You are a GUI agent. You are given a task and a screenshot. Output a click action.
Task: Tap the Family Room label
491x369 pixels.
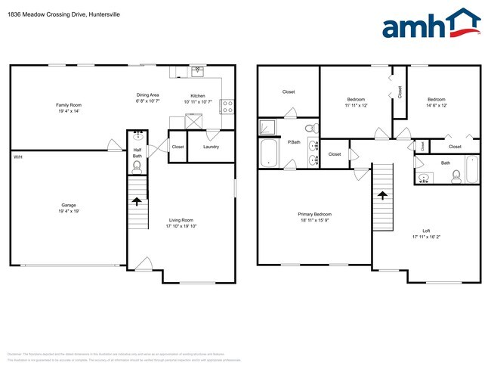(68, 105)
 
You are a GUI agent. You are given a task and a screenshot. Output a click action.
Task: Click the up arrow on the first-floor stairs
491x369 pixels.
(137, 201)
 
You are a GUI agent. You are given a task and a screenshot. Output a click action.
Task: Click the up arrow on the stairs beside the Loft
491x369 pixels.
(382, 194)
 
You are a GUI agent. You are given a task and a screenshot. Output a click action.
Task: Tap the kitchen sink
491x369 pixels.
(197, 71)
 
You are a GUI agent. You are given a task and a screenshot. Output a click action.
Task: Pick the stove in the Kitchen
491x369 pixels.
(225, 106)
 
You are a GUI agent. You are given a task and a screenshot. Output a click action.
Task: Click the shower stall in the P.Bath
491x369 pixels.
(268, 127)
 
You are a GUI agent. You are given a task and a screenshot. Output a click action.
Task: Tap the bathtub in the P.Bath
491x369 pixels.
(269, 153)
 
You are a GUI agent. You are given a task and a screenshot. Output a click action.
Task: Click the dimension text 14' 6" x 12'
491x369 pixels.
(437, 105)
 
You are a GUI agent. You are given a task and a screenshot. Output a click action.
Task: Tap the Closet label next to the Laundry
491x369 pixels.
(178, 147)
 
